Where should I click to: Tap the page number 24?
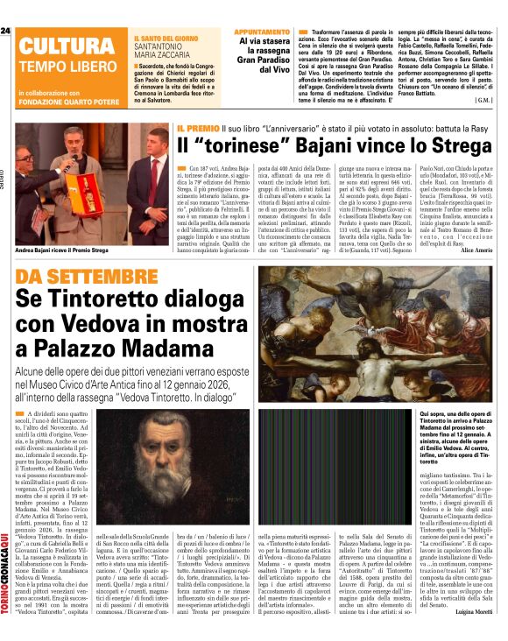(x=5, y=32)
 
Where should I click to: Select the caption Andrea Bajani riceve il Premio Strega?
(x=63, y=225)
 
